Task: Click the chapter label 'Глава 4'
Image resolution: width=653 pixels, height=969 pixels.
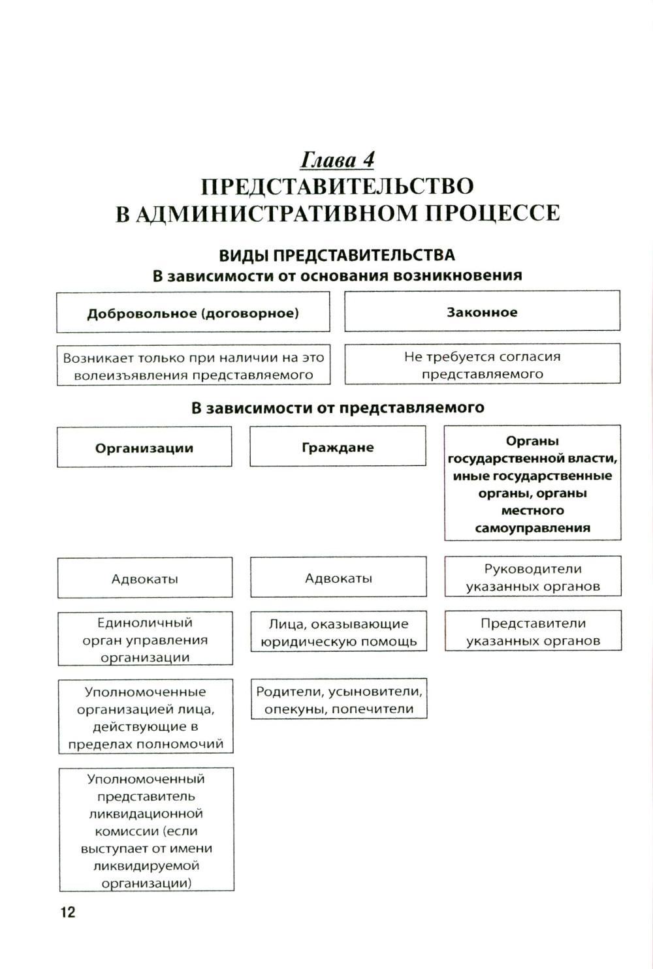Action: tap(338, 160)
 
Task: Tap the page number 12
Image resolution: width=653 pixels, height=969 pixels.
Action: tap(68, 912)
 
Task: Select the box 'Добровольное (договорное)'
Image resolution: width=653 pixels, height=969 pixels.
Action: tap(193, 313)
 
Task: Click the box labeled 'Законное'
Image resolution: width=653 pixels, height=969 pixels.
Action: tap(482, 312)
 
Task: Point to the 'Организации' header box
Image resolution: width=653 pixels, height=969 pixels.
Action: tap(144, 448)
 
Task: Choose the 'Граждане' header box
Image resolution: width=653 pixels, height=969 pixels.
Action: tap(338, 447)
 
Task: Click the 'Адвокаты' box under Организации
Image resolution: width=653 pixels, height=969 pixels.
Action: tap(145, 578)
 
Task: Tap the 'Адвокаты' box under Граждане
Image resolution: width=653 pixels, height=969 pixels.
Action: tap(338, 577)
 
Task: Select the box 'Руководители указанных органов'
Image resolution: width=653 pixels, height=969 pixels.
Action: tap(533, 577)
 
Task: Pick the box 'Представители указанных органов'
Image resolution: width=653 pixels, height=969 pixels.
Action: tap(533, 632)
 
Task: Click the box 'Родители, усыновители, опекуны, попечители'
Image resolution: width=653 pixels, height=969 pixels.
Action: tap(339, 700)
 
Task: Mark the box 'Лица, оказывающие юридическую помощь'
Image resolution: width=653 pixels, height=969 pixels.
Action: tap(338, 632)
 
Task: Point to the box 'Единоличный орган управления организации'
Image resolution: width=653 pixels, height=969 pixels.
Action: tap(145, 639)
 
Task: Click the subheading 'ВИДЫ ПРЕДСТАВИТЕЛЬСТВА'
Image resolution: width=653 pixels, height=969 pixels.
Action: tap(337, 254)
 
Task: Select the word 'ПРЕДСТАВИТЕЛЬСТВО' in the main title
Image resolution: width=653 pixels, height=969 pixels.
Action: tap(337, 186)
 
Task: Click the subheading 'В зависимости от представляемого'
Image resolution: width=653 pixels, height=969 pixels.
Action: tap(338, 408)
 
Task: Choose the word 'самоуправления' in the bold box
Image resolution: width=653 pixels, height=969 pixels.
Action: tap(532, 527)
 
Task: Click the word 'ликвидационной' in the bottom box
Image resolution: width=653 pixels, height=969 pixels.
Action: tap(146, 814)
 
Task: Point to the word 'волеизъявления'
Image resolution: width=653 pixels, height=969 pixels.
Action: tap(130, 375)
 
